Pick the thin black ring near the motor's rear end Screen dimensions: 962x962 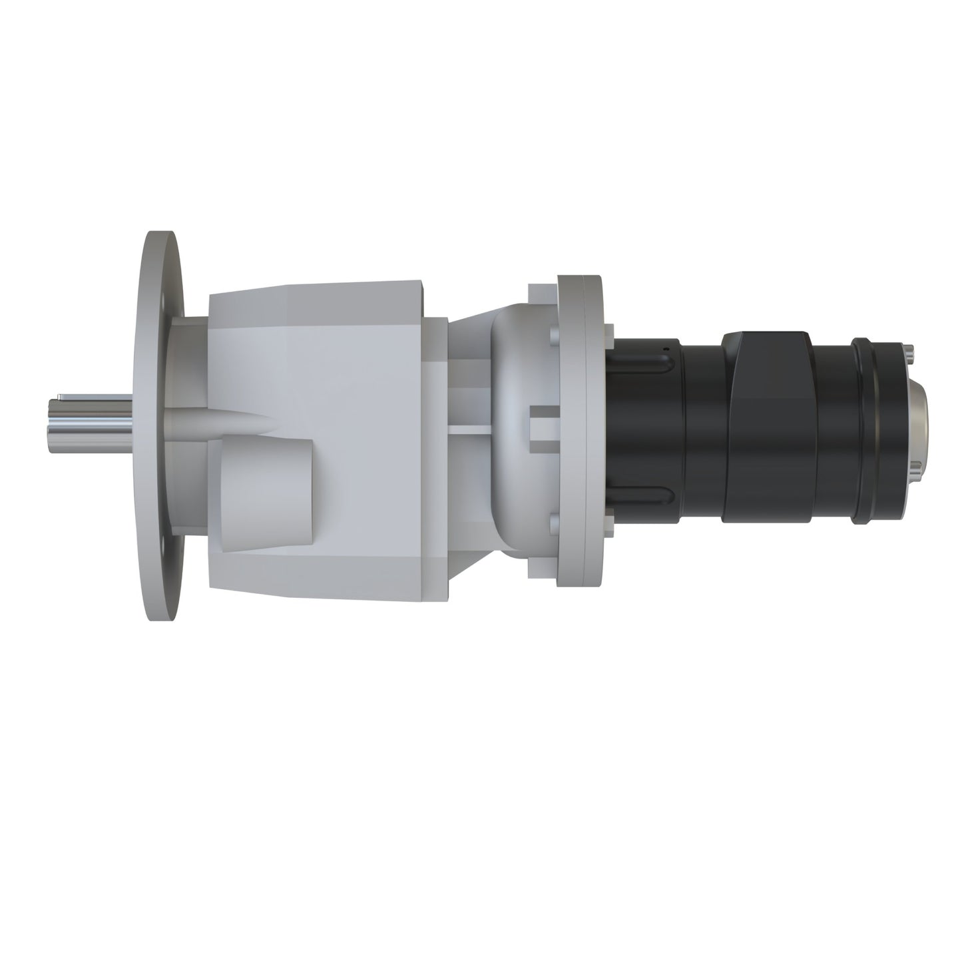tap(865, 426)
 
